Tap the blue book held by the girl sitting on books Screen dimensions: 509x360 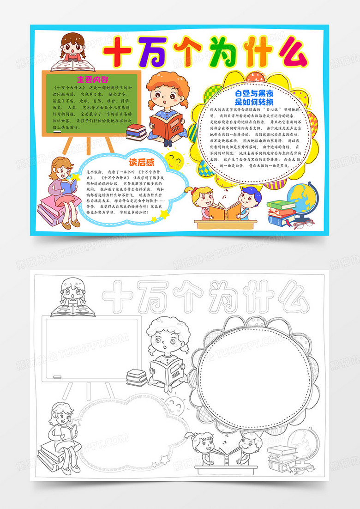click(x=68, y=187)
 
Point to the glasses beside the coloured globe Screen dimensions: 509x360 click(x=300, y=224)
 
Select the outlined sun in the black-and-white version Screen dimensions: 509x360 click(x=174, y=405)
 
